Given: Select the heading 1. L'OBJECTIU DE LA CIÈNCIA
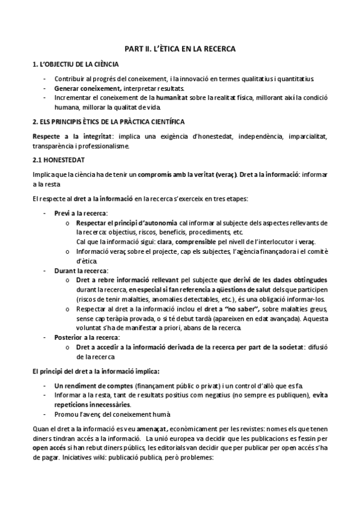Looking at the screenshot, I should coord(75,64).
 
